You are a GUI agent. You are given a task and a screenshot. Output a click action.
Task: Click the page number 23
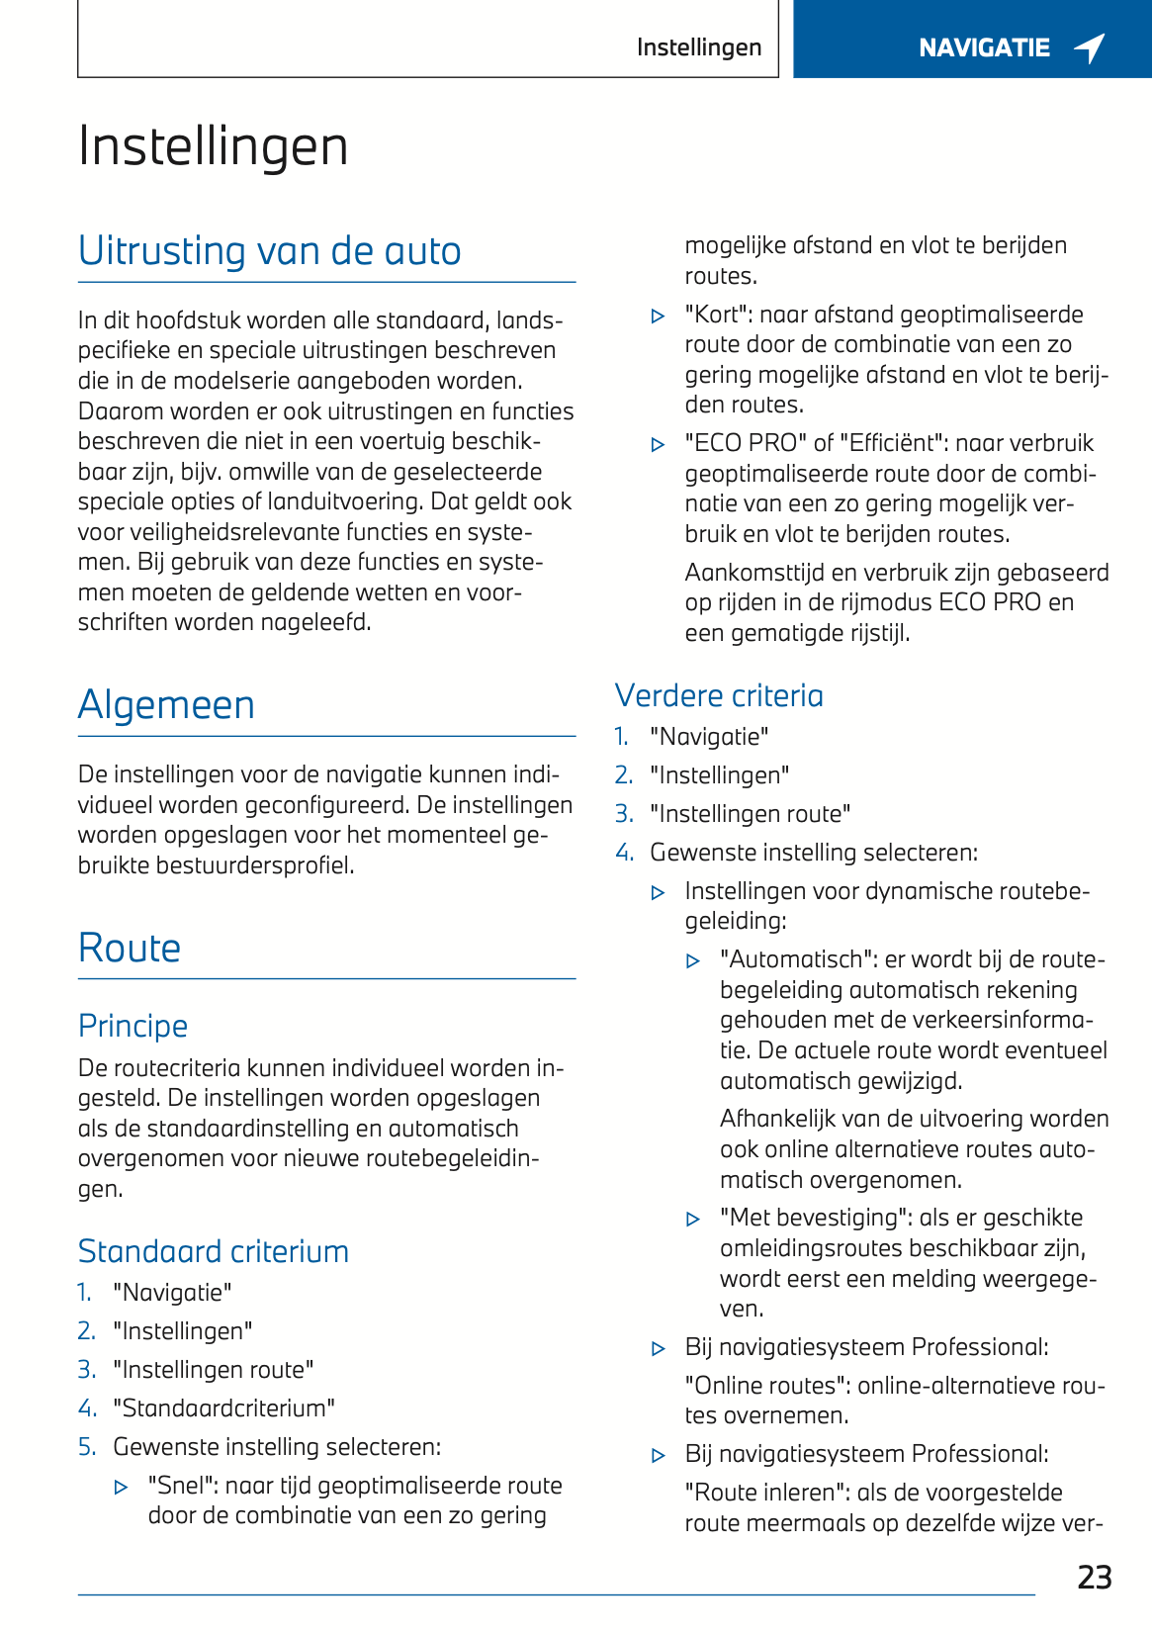(x=1094, y=1577)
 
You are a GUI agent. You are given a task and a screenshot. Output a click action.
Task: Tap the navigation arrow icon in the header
(x=1090, y=47)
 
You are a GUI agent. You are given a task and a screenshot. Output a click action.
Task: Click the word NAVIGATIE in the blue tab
(x=984, y=47)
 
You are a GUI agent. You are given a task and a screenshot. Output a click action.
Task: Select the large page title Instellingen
(x=213, y=146)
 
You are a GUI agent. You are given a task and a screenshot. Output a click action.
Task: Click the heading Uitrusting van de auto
(x=269, y=251)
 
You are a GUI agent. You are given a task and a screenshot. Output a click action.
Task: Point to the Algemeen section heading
(x=166, y=705)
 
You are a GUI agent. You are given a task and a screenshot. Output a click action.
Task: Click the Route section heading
(x=130, y=948)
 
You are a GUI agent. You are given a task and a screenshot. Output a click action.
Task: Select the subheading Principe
(x=133, y=1026)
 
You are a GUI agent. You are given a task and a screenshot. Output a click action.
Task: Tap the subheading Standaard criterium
(x=213, y=1251)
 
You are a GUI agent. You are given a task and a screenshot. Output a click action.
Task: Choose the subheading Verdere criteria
(x=719, y=695)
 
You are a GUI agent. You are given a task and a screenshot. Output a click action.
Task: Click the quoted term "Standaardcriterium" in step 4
(x=223, y=1408)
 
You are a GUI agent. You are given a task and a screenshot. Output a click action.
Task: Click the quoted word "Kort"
(x=716, y=315)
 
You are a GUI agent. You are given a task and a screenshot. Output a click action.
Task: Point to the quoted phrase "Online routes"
(x=766, y=1386)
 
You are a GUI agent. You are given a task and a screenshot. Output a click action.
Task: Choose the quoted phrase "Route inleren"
(x=766, y=1493)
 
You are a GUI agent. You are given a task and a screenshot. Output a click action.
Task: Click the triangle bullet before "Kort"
(x=659, y=317)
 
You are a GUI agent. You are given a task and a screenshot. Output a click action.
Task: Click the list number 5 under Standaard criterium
(x=86, y=1447)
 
